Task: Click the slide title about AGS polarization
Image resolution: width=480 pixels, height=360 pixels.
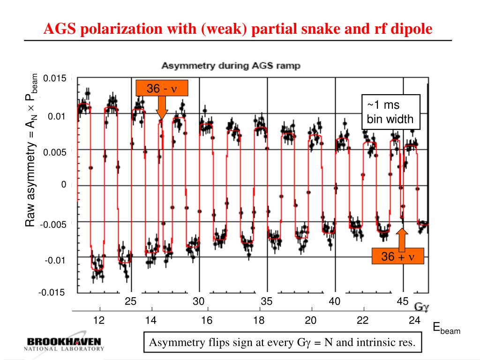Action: (x=238, y=29)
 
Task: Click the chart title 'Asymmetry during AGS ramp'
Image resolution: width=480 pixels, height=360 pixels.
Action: (x=231, y=66)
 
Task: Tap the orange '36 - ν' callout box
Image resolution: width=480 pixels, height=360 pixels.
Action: (x=162, y=88)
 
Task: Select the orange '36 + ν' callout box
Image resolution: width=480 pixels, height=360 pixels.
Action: (x=398, y=256)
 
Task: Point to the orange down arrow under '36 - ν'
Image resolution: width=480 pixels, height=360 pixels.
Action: (x=162, y=107)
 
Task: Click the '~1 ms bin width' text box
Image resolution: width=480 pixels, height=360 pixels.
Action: (x=390, y=112)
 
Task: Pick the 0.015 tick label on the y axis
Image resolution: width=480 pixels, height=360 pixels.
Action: (x=54, y=78)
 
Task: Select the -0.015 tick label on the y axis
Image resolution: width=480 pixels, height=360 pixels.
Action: (x=52, y=293)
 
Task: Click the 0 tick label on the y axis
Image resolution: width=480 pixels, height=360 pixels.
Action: (x=64, y=185)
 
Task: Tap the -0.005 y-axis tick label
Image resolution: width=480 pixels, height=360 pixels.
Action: (x=53, y=225)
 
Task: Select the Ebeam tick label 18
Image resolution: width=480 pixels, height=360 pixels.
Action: (x=259, y=321)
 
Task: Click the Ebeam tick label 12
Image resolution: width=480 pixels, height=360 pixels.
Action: (x=99, y=321)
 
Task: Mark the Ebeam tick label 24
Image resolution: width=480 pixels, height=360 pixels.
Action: (x=414, y=321)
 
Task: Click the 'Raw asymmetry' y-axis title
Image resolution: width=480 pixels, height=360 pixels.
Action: (x=31, y=150)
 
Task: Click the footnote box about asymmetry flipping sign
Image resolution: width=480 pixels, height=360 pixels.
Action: (x=282, y=343)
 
